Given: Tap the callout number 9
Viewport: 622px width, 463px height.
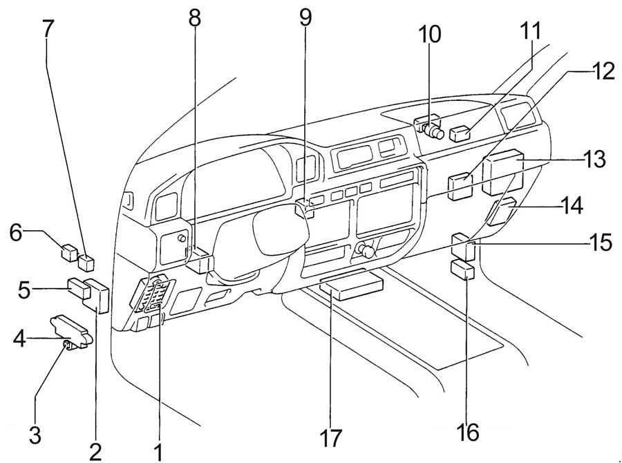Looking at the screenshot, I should pos(305,15).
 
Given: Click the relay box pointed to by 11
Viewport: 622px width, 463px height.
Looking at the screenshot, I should pos(461,133).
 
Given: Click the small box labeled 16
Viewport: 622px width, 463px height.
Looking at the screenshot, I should pos(462,269).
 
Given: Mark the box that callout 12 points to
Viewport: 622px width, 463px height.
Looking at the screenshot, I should pos(460,187).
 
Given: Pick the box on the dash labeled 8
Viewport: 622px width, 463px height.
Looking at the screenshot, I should pos(200,263).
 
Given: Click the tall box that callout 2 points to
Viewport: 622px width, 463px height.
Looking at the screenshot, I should pos(99,296).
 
